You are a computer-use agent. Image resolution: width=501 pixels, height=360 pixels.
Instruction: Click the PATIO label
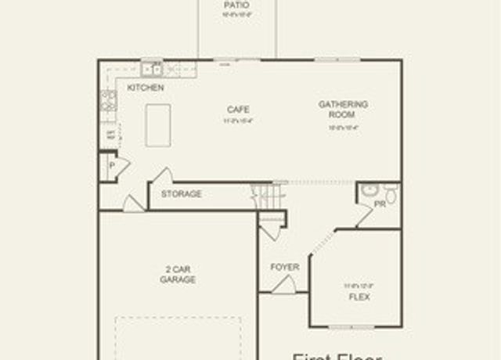236,5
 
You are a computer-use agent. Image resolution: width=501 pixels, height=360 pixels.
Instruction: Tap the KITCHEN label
146,88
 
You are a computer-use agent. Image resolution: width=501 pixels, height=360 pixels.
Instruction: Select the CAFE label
239,110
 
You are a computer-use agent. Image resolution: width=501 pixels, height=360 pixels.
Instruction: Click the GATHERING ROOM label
343,109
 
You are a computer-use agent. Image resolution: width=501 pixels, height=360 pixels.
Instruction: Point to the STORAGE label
182,194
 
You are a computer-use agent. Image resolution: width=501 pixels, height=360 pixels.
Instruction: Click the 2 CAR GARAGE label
178,274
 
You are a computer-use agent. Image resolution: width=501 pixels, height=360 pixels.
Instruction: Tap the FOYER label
285,267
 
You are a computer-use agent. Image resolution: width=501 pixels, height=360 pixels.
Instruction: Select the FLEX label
359,297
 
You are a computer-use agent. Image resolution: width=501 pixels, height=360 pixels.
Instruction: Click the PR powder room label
380,203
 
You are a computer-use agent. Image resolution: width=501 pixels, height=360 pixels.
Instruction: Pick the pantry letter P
112,166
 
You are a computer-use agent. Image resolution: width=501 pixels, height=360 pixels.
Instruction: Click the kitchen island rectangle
158,124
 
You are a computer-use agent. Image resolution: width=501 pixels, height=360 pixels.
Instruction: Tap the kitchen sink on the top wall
151,69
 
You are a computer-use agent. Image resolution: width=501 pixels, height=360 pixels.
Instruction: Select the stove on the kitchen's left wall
108,99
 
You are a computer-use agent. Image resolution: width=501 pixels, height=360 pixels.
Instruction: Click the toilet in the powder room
391,193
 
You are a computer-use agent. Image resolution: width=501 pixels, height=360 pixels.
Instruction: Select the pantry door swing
123,167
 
